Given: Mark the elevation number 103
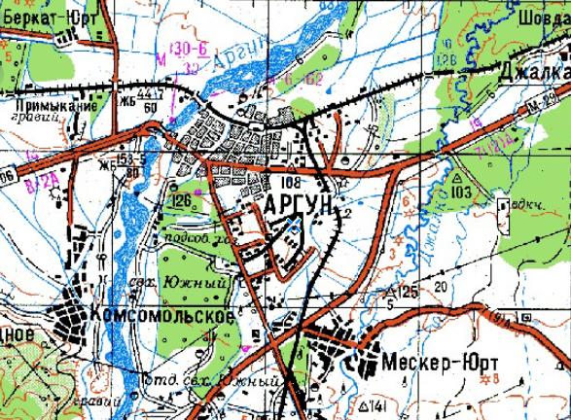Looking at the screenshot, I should tap(461, 192).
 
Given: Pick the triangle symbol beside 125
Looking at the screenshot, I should tap(390, 291).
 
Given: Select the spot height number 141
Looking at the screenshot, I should tap(378, 405).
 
